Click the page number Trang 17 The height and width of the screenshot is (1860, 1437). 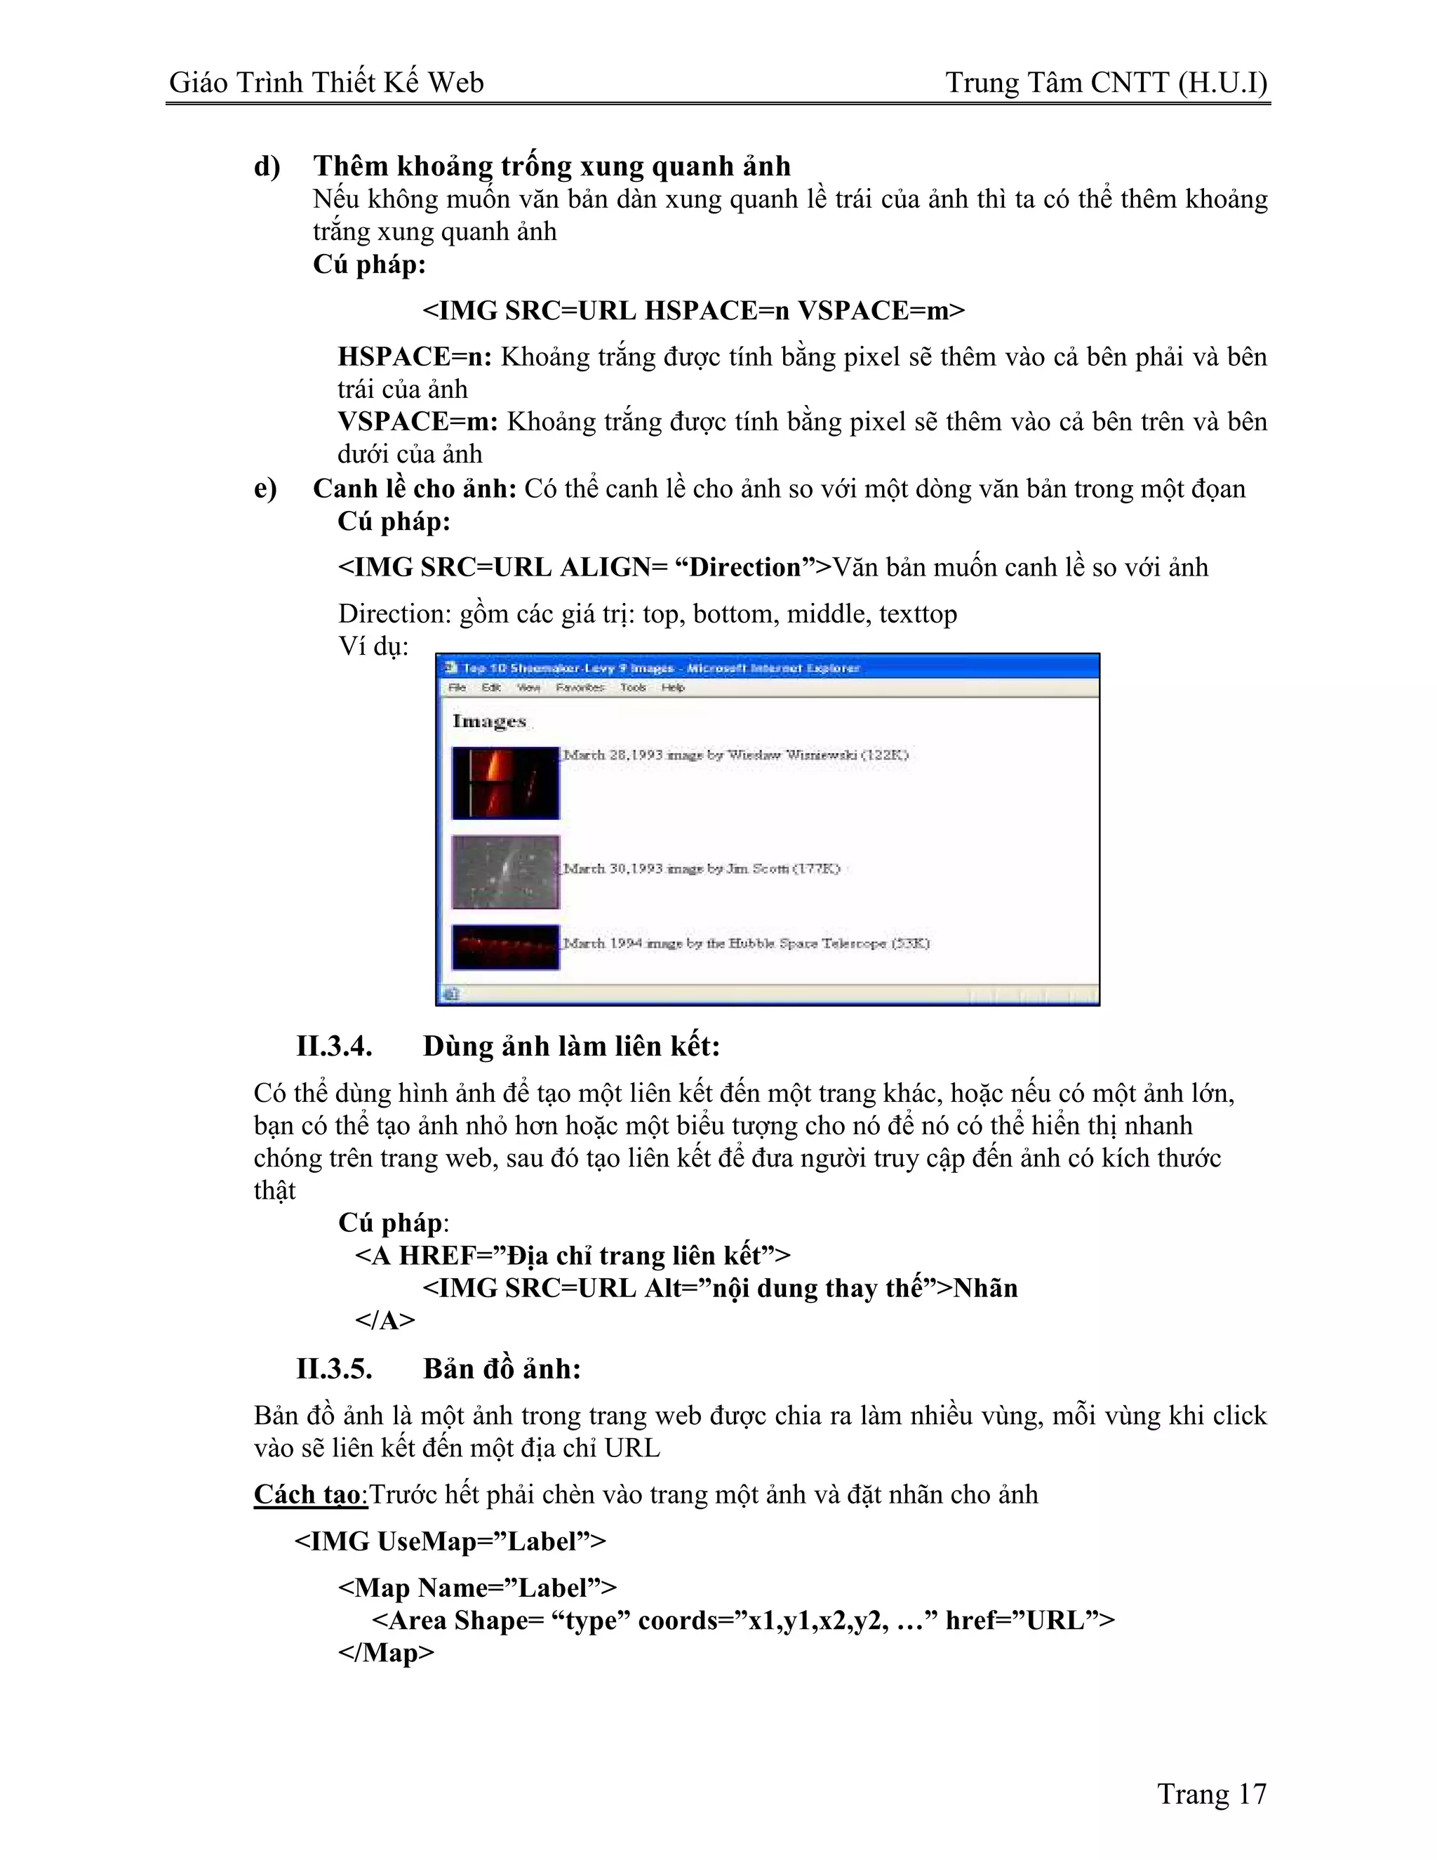coord(1211,1795)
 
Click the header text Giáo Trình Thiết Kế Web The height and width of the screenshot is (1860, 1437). coord(326,83)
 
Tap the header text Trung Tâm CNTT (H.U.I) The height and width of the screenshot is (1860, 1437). coord(1106,83)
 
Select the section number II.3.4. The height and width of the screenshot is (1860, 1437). coord(334,1046)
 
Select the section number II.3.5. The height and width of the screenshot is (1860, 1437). coord(334,1369)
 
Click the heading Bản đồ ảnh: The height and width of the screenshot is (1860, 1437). coord(502,1369)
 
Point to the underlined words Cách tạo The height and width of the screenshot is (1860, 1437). coord(308,1494)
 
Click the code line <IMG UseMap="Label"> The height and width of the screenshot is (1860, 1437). coord(450,1541)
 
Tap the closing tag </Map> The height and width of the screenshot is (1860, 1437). coord(386,1652)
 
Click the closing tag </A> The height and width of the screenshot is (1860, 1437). coord(385,1320)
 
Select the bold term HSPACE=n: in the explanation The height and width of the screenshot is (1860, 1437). coord(415,356)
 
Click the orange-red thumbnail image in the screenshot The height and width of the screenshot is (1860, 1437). coord(506,783)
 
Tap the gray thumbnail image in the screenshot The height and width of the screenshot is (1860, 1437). coord(506,871)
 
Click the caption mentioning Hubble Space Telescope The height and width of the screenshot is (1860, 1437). coord(746,943)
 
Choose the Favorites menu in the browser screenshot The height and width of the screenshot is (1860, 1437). coord(580,687)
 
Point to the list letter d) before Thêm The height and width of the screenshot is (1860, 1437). coord(267,166)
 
